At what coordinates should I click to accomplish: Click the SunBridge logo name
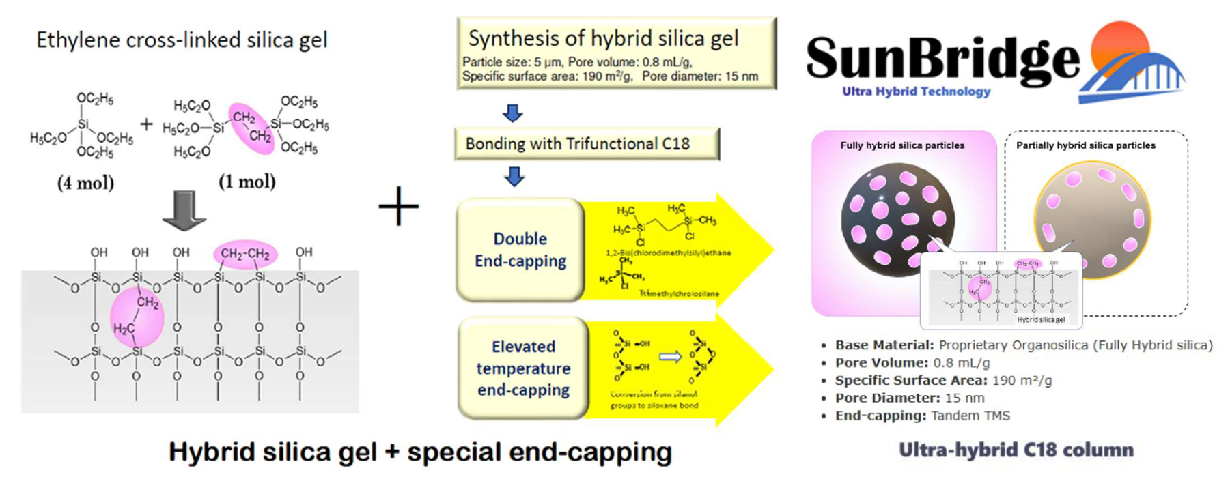tap(942, 59)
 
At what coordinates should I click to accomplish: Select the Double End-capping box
tap(520, 250)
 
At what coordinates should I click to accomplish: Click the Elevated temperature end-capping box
tap(522, 368)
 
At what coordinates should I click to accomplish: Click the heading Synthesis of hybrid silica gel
tap(603, 39)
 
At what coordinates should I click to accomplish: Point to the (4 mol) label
tap(85, 183)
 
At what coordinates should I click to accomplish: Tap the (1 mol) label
tap(247, 182)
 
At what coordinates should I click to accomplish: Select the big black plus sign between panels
tap(399, 205)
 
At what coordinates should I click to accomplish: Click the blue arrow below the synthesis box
tap(513, 113)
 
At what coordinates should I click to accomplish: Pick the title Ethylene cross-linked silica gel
tap(182, 40)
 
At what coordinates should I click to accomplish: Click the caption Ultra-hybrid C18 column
tap(1016, 450)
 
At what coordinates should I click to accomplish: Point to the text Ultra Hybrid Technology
tap(916, 91)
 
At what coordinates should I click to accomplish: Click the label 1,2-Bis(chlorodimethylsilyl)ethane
tap(668, 253)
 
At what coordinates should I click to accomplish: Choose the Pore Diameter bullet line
tap(910, 398)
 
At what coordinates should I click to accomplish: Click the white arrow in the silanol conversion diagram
tap(670, 356)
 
